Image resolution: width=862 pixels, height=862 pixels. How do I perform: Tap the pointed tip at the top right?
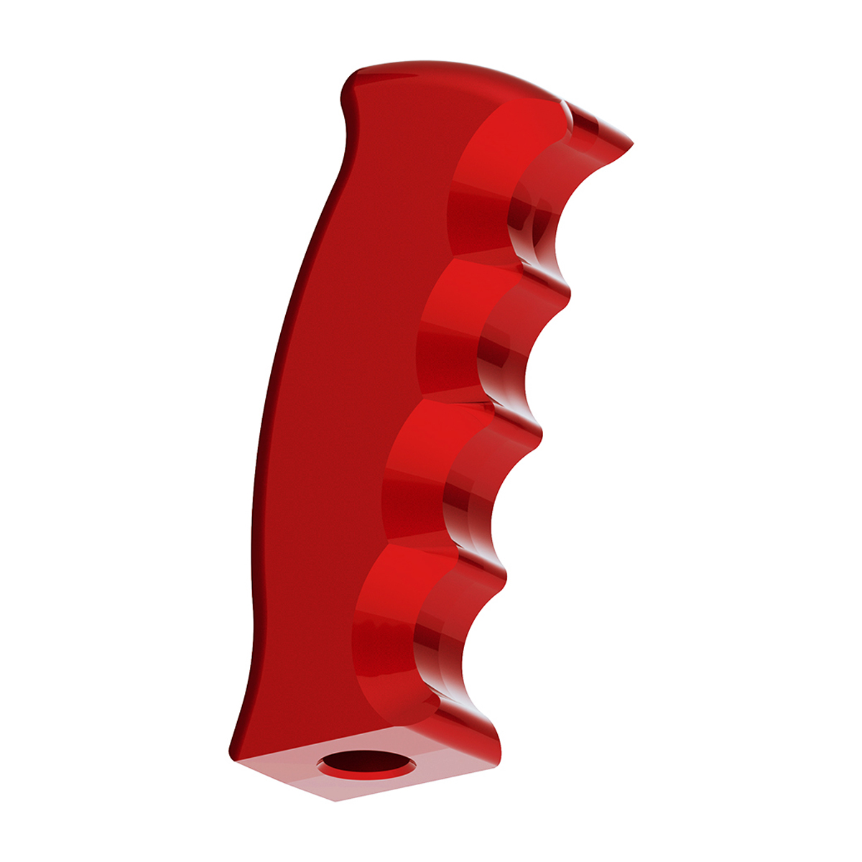pyautogui.click(x=631, y=144)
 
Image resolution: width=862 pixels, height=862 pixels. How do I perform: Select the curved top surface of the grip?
pyautogui.click(x=460, y=75)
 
